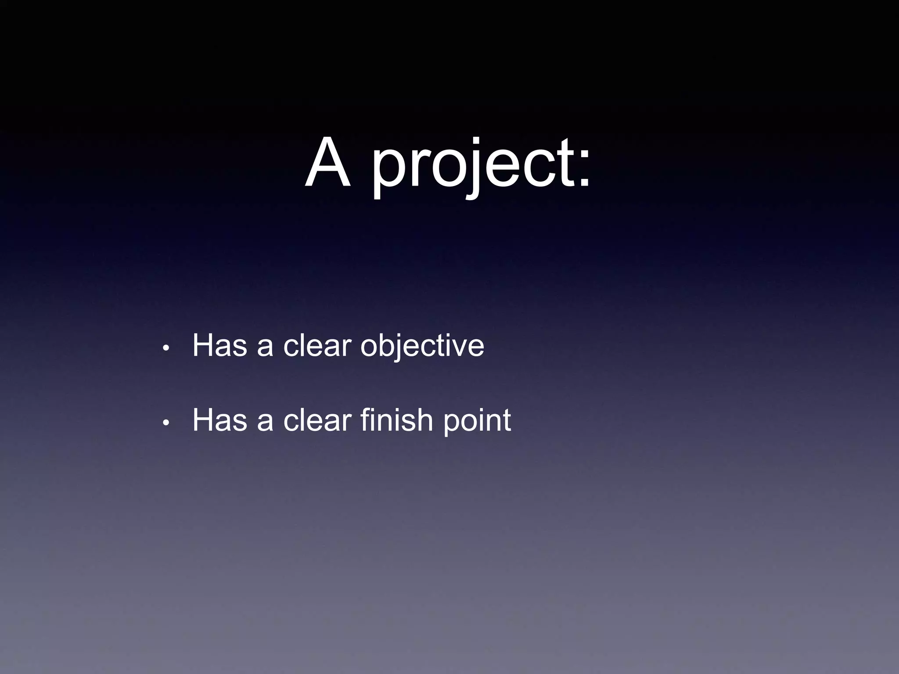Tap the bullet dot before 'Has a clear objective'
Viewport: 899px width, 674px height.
coord(165,348)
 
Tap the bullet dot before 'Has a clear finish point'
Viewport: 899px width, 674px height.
coord(165,423)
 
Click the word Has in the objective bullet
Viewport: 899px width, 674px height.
coord(219,346)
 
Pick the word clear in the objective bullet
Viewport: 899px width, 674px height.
coord(317,346)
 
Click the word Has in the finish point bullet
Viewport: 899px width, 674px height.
coord(219,420)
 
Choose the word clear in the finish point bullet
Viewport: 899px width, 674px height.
coord(317,420)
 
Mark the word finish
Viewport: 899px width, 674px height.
coord(397,420)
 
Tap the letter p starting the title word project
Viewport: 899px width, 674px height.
coord(387,171)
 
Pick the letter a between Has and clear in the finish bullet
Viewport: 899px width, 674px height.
coord(265,422)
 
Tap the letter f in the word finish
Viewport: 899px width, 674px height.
coord(366,419)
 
